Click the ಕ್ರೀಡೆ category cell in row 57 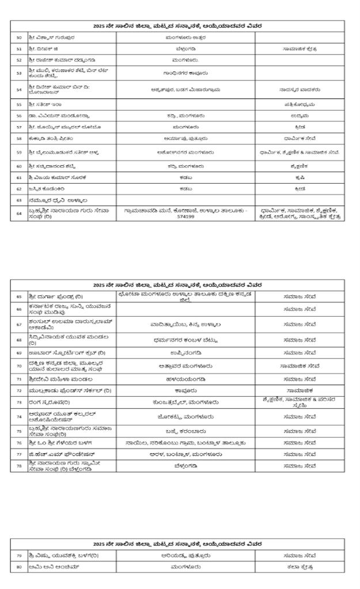[300, 126]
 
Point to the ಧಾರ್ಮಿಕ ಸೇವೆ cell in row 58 [300, 138]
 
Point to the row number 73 [19, 402]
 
